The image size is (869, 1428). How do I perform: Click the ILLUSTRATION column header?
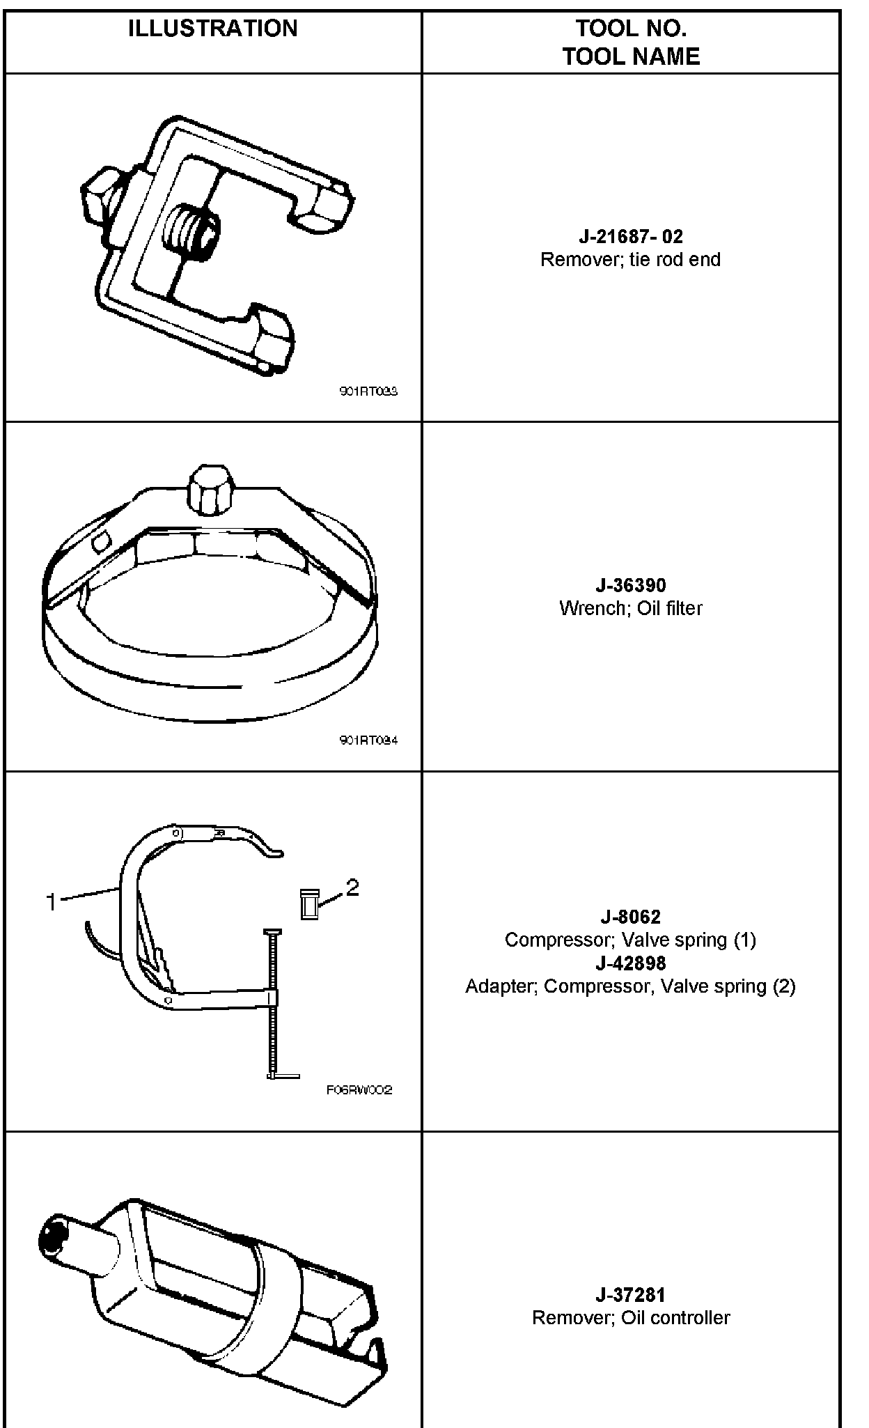212,29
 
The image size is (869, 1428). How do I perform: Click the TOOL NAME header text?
631,56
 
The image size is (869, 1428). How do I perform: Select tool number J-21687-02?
631,237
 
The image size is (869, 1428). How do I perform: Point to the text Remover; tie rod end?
631,260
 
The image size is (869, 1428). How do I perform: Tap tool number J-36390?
631,585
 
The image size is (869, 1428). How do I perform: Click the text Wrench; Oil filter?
631,608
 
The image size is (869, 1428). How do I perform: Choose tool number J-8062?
631,917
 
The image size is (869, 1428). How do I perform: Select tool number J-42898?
631,963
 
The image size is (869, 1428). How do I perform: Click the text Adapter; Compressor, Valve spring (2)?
631,986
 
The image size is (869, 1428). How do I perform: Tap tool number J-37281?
631,1295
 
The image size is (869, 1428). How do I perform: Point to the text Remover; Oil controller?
631,1318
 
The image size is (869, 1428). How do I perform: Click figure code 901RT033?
368,392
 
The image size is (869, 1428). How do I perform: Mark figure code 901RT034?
368,740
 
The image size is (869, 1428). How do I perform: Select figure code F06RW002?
359,1090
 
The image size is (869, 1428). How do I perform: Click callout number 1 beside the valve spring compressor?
51,903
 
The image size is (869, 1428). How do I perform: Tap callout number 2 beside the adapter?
352,887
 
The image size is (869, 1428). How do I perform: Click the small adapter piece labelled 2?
309,904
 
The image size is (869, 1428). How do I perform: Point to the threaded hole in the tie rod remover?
191,231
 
